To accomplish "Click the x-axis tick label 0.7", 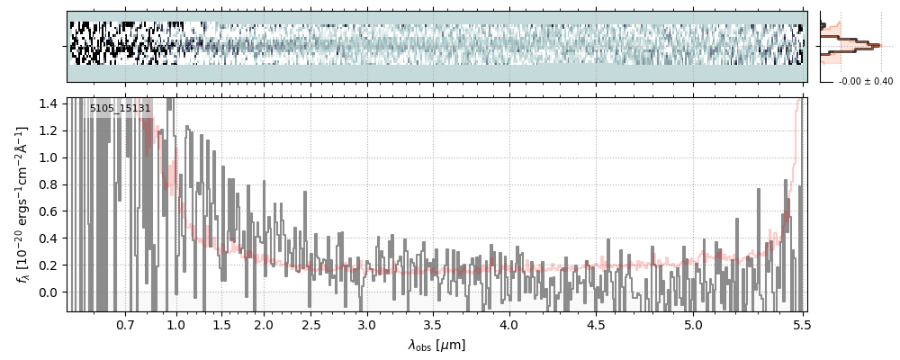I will pyautogui.click(x=125, y=325).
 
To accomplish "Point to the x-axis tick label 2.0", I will pyautogui.click(x=263, y=325).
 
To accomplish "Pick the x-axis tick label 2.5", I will pyautogui.click(x=310, y=325).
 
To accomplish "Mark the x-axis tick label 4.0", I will pyautogui.click(x=509, y=325).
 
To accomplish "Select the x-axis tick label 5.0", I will pyautogui.click(x=693, y=325).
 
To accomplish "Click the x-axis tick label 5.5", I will pyautogui.click(x=801, y=325).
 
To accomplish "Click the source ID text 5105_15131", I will pyautogui.click(x=120, y=108).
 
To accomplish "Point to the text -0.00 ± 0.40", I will pyautogui.click(x=865, y=82).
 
